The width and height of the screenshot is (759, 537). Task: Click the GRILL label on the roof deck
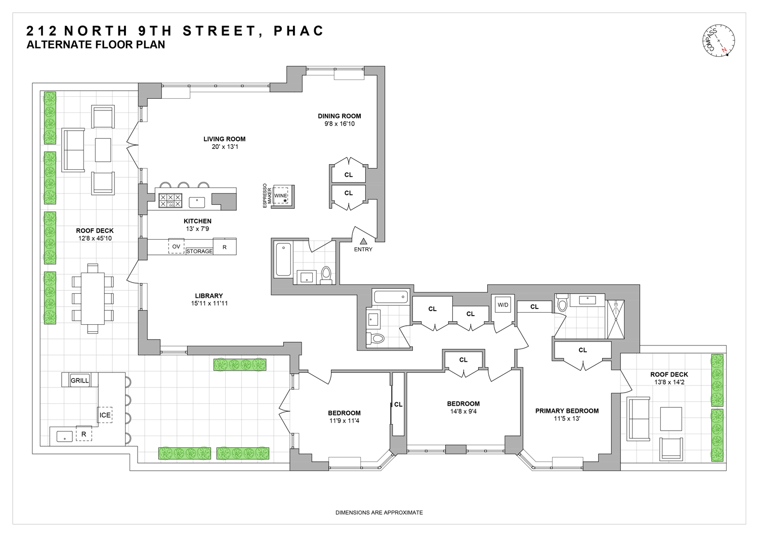point(79,380)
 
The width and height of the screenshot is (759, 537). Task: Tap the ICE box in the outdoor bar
point(105,415)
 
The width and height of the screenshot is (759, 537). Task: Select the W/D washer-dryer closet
point(503,305)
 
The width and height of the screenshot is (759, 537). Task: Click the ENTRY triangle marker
point(363,242)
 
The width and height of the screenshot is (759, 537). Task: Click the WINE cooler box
point(281,196)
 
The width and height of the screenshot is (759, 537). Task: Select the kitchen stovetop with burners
point(171,201)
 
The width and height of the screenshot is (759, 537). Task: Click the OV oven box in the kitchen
point(176,247)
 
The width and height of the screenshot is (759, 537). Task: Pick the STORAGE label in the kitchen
point(199,251)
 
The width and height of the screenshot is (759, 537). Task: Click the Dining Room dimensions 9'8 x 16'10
point(340,124)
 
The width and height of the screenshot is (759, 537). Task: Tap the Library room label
point(209,296)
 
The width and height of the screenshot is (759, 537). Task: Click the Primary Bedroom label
point(567,411)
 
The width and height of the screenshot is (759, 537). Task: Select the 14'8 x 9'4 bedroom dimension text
point(463,411)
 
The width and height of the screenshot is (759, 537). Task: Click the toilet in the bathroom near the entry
point(326,274)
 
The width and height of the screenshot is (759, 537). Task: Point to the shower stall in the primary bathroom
point(615,319)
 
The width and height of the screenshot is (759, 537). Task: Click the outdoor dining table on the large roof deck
point(93,298)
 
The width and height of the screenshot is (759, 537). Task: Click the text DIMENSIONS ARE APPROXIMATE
point(379,513)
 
